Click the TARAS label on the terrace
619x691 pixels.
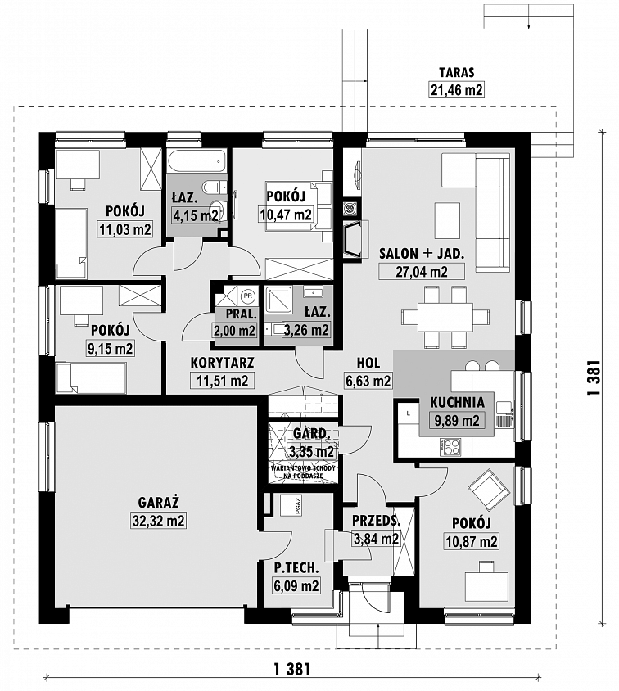[456, 72]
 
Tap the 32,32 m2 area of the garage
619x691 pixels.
[159, 521]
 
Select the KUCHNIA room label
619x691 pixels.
[457, 402]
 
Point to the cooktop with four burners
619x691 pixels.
[450, 447]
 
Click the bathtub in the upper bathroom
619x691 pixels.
[197, 162]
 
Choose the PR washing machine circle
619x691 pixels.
[248, 296]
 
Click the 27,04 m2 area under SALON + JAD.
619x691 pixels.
[422, 272]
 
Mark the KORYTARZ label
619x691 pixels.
[222, 363]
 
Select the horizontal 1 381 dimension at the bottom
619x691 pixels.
[292, 670]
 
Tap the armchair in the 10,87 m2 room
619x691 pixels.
[489, 489]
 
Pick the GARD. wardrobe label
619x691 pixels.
[311, 434]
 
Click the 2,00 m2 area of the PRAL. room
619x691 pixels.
[234, 331]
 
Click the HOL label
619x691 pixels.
[368, 363]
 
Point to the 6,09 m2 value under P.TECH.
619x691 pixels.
[296, 585]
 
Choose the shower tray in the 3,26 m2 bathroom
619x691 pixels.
[278, 300]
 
